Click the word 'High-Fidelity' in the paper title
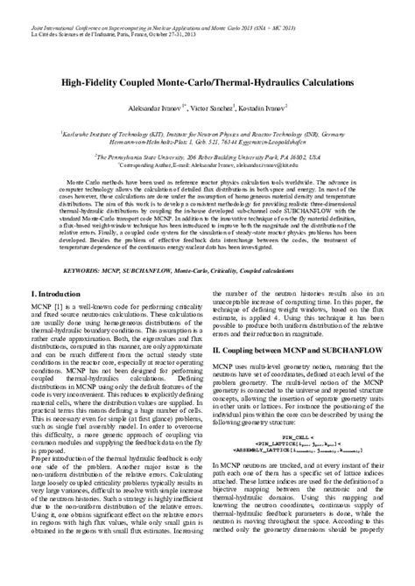point(91,80)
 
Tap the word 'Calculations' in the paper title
point(320,80)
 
